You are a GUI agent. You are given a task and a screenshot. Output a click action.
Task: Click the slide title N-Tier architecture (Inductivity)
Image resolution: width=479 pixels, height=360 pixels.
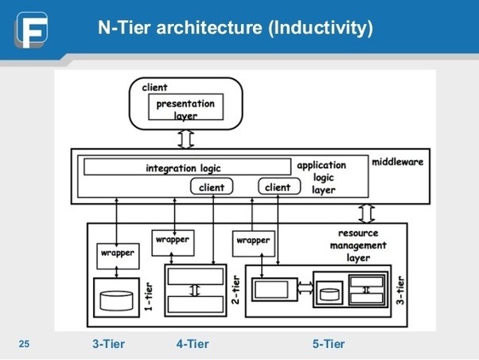[x=235, y=29]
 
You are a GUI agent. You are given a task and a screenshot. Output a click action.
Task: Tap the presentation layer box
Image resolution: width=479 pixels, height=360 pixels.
[x=185, y=109]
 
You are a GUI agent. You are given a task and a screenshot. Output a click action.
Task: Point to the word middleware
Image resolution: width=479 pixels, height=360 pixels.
[x=397, y=162]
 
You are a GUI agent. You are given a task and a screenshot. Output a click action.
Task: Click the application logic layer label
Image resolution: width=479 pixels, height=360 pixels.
[x=321, y=178]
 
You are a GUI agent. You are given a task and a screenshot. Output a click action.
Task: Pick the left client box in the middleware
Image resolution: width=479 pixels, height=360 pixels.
[x=212, y=187]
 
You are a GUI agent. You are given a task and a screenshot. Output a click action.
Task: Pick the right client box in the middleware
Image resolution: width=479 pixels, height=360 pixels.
[x=278, y=187]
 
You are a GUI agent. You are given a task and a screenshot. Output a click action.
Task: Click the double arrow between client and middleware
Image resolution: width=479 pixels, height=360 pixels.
[x=185, y=140]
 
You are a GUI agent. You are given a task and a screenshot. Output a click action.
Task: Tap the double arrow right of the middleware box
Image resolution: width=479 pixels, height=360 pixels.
[x=367, y=213]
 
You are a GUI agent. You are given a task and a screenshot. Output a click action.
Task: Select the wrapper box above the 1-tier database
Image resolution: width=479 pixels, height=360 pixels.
[x=117, y=254]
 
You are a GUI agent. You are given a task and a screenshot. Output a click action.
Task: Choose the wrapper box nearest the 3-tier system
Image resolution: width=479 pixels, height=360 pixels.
[x=253, y=241]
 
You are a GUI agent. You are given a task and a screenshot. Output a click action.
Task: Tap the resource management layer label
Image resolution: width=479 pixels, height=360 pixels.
[x=357, y=246]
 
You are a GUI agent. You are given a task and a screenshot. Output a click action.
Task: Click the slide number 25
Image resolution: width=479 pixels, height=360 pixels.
[x=24, y=344]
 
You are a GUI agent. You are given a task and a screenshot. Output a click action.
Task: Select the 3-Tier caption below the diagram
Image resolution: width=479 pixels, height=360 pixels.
[x=109, y=344]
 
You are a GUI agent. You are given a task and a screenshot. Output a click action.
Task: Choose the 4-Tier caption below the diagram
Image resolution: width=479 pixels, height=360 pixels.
[x=193, y=344]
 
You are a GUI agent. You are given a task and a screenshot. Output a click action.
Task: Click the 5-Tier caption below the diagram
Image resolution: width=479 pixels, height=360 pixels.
[x=329, y=344]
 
